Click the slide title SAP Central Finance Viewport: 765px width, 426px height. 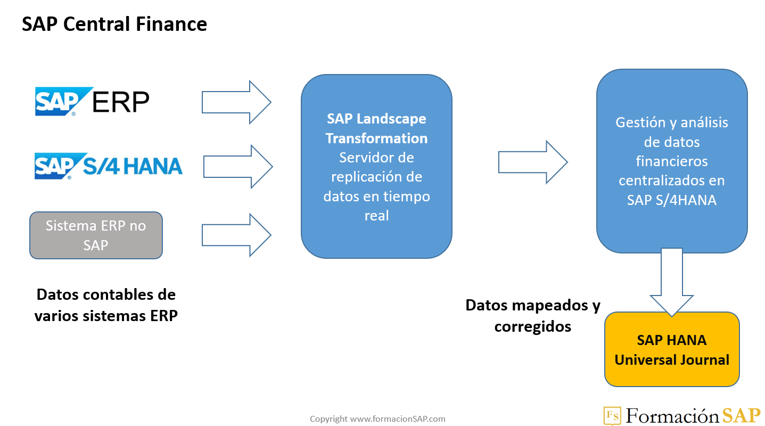(114, 24)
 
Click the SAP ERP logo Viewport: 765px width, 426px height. (92, 101)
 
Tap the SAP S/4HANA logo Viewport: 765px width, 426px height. (109, 166)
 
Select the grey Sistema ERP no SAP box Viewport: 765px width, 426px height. (96, 235)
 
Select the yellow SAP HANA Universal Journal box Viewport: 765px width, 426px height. (672, 349)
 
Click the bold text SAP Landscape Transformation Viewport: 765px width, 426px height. (376, 128)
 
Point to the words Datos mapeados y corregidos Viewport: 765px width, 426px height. (533, 316)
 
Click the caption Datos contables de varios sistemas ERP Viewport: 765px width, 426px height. (106, 305)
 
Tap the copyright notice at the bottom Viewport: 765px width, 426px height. (377, 419)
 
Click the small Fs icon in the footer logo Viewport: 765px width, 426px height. (612, 415)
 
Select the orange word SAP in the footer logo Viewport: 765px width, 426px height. (742, 415)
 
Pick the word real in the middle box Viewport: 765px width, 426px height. (376, 216)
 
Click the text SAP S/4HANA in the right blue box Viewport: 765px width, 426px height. (671, 200)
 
